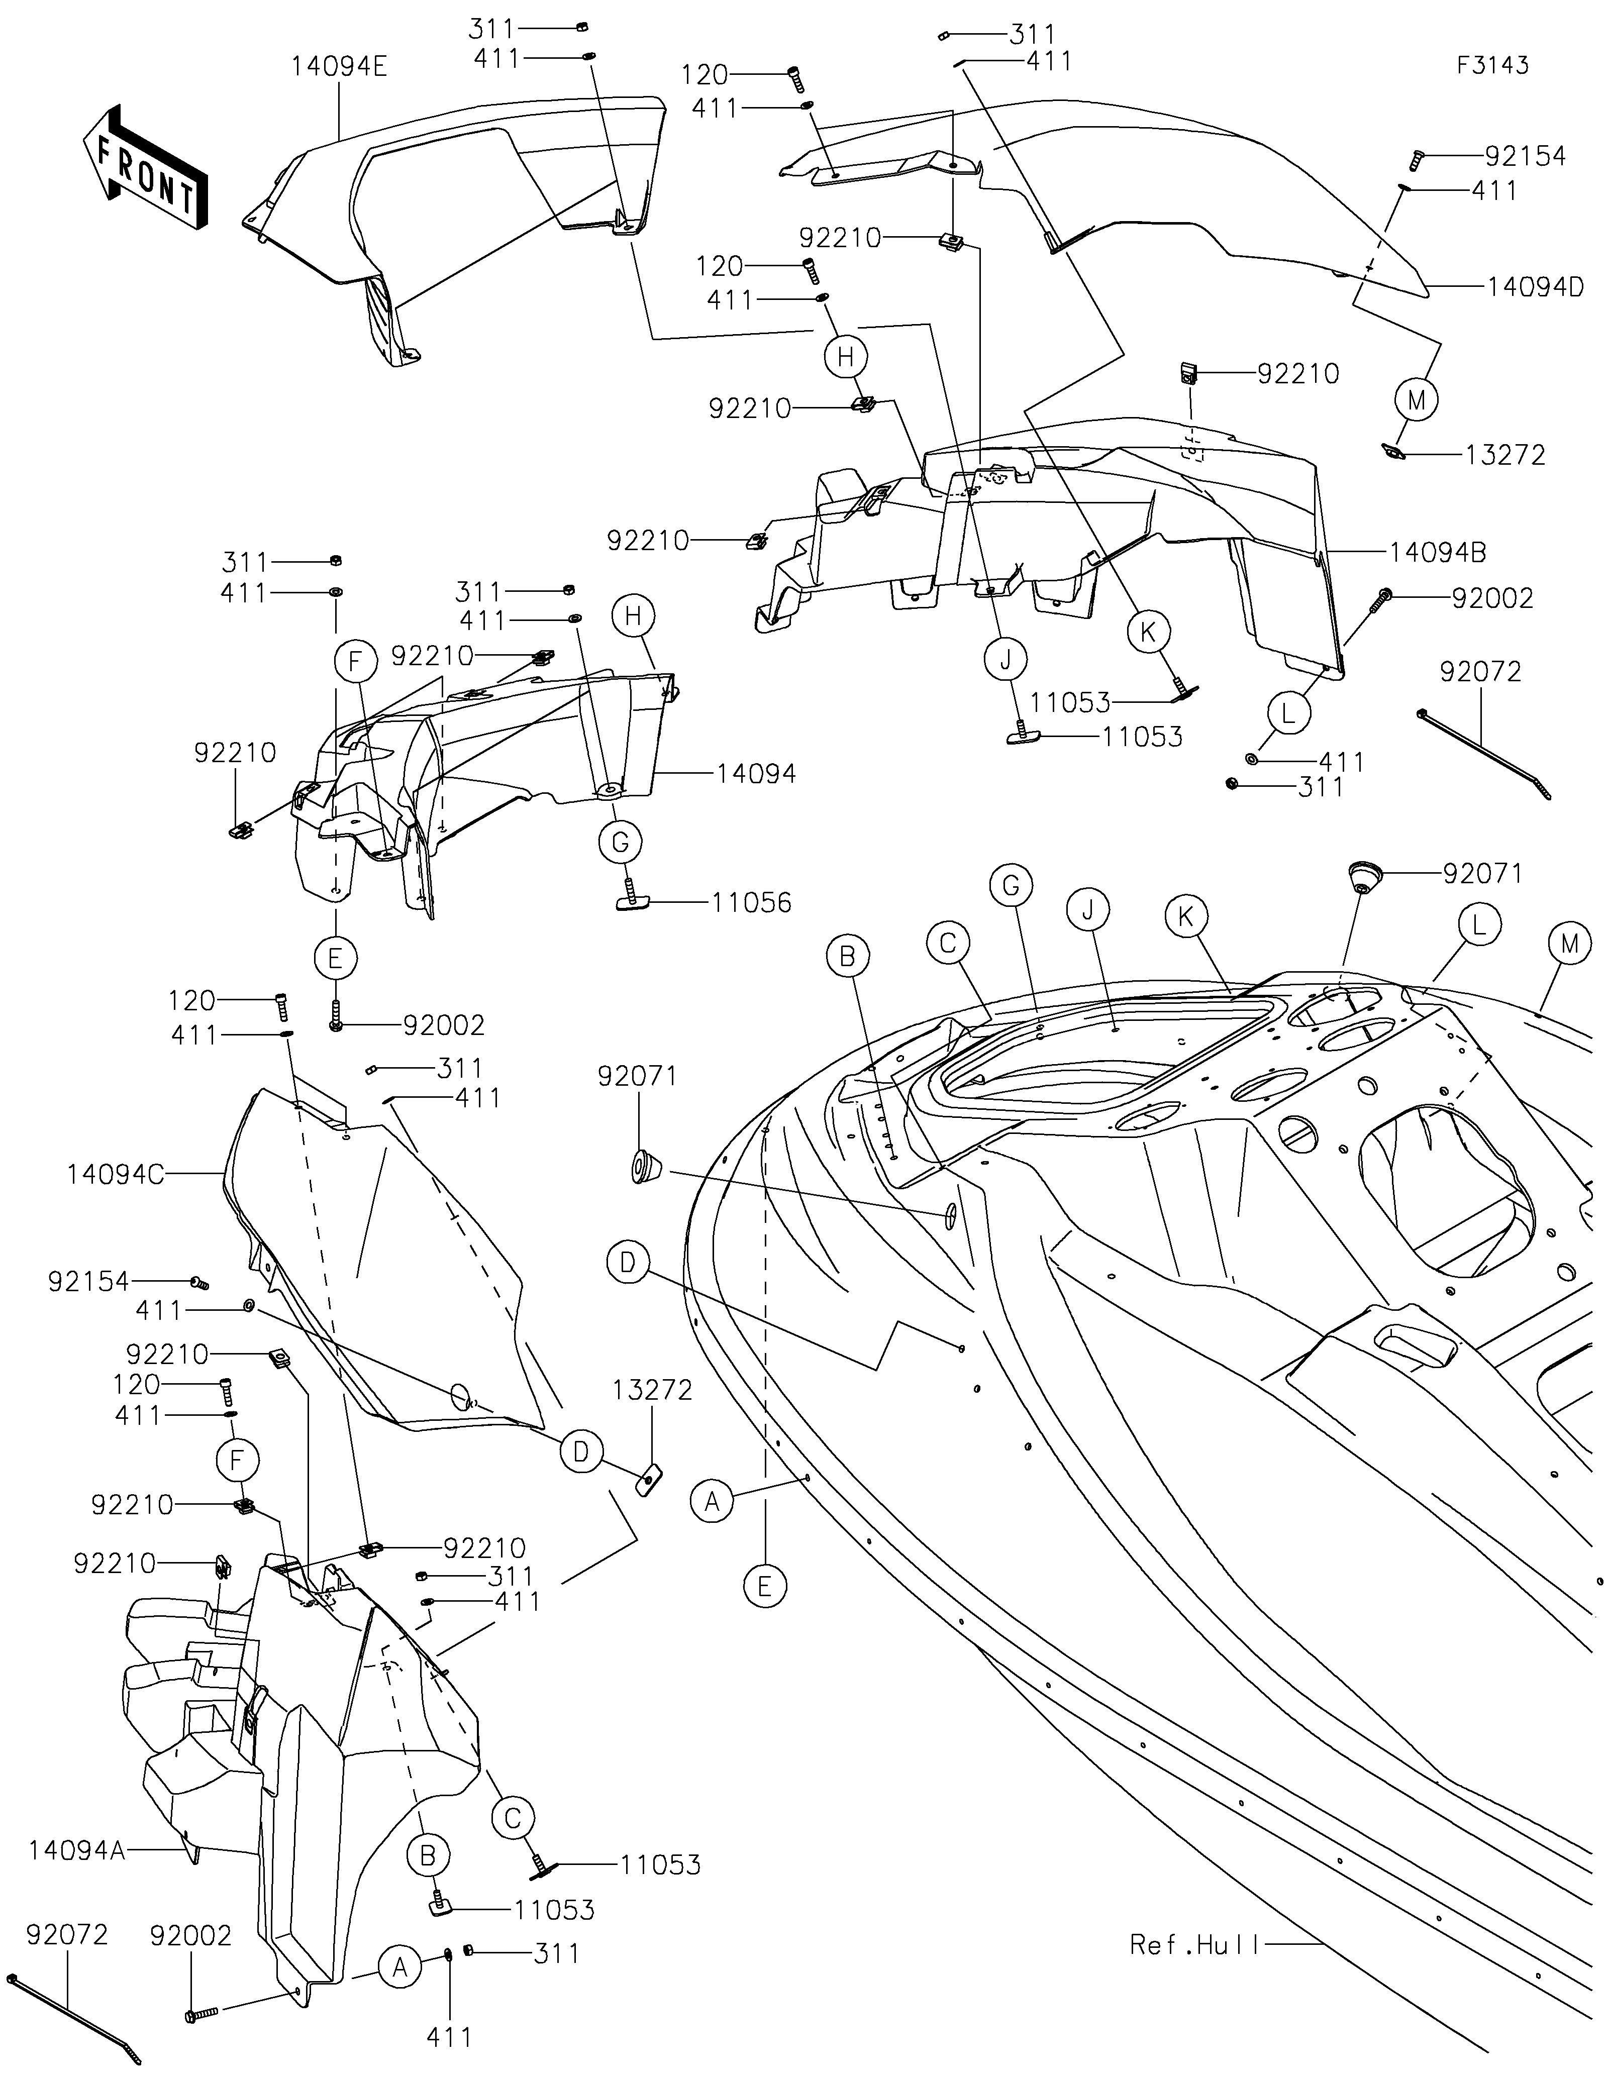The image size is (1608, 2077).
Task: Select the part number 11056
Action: pyautogui.click(x=751, y=902)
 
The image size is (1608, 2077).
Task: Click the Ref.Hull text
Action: pyautogui.click(x=1194, y=1945)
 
